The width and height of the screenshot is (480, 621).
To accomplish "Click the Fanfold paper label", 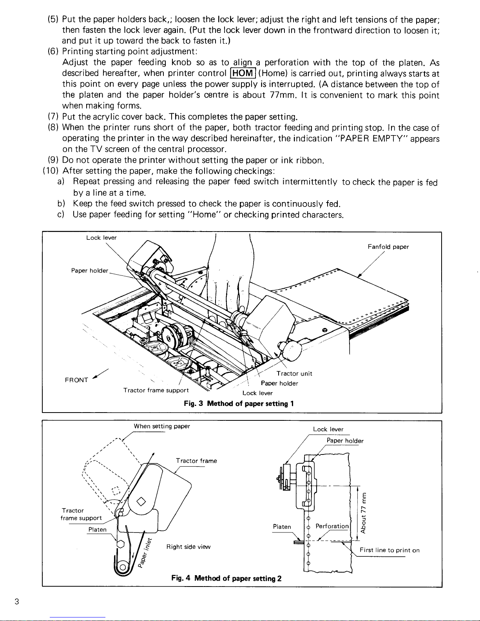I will (x=388, y=247).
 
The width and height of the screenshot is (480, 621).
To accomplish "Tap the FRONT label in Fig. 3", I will (x=76, y=380).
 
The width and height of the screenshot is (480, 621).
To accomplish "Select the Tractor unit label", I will (x=294, y=373).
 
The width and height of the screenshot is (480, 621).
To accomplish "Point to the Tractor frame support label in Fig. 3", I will (x=156, y=390).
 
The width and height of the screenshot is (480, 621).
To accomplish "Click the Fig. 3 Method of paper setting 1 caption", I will (x=239, y=404).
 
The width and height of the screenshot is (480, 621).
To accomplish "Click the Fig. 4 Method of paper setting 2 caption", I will (x=227, y=578).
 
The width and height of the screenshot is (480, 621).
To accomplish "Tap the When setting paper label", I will (x=162, y=426).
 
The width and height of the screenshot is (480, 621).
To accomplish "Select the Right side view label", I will (x=188, y=547).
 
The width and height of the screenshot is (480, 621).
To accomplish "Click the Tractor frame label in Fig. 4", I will (x=196, y=461).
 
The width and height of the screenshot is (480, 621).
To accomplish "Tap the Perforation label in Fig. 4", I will (x=332, y=526).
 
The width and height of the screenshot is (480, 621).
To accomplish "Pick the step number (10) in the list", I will (x=50, y=171).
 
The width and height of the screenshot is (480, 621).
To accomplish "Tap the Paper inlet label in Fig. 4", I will (x=143, y=552).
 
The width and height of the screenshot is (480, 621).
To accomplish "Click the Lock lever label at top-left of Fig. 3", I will (x=101, y=237).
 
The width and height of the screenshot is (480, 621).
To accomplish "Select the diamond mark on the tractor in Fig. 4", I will (x=141, y=502).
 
